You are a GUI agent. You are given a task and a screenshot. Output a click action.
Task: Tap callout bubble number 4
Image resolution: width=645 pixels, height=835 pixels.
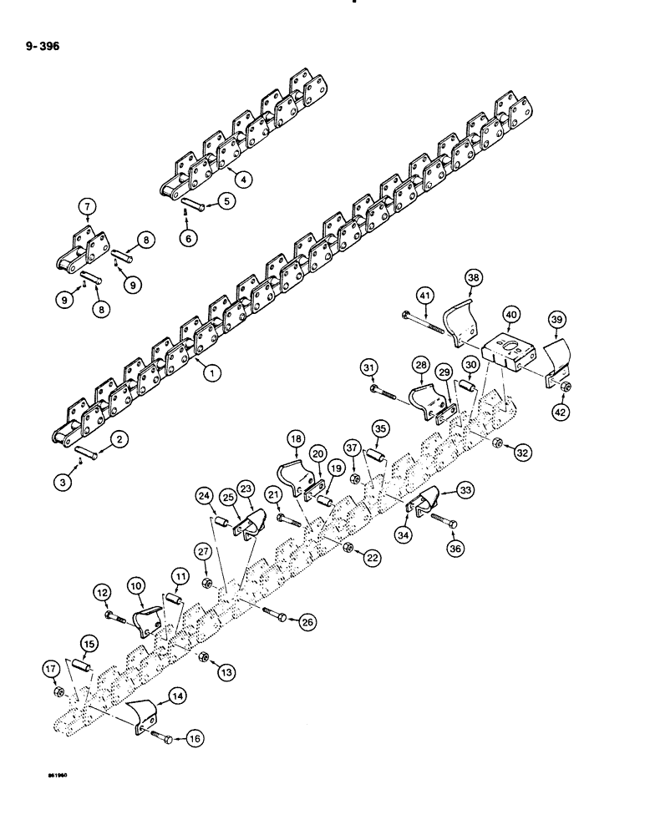[x=243, y=177]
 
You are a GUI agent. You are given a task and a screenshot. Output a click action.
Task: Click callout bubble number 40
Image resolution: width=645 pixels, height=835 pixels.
[x=510, y=313]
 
